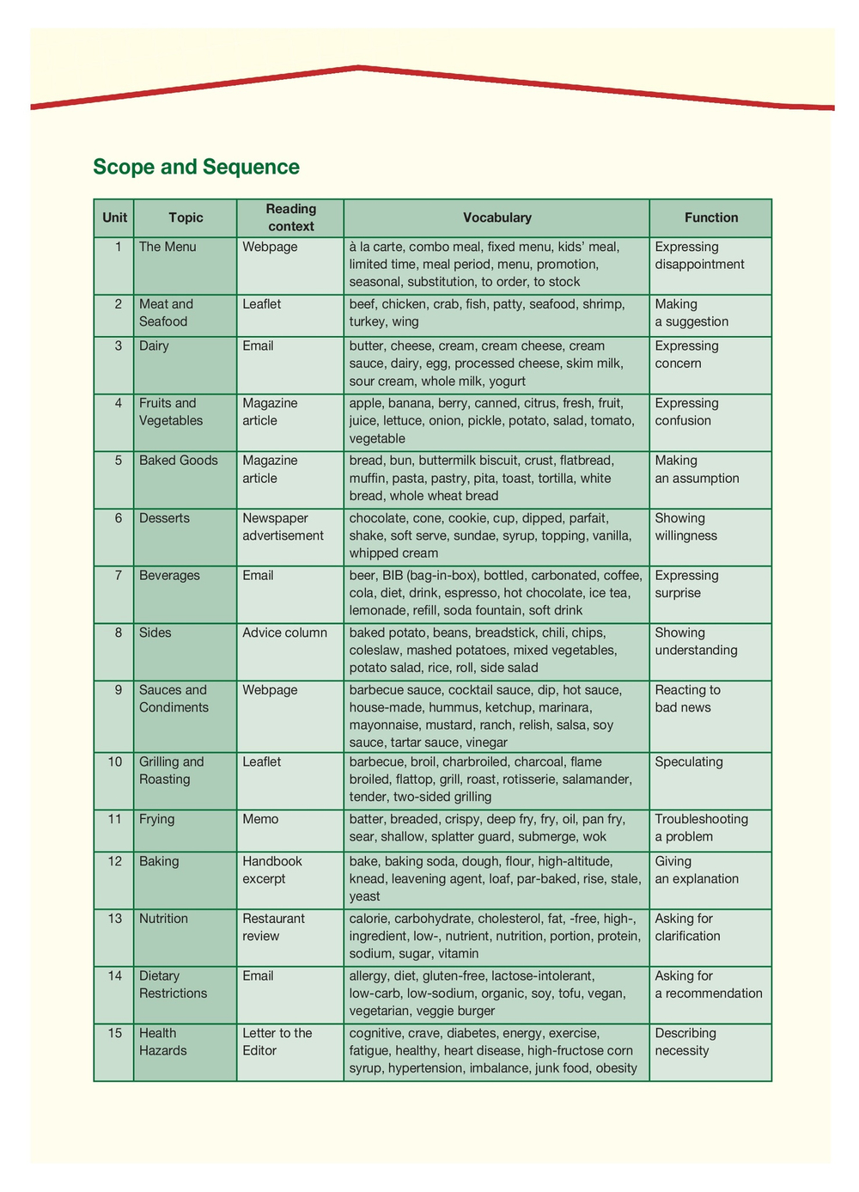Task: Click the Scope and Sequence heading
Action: click(196, 167)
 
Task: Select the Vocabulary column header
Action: click(497, 218)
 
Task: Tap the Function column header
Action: click(710, 218)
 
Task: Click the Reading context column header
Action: click(290, 218)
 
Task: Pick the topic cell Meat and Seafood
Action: click(166, 313)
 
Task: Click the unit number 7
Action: click(119, 576)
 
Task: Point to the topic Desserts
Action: click(164, 518)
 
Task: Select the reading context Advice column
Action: click(284, 633)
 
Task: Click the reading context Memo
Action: click(260, 820)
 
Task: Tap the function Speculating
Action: click(689, 762)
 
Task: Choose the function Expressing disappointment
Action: click(699, 256)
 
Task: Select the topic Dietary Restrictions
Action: click(173, 985)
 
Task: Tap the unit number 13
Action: click(115, 919)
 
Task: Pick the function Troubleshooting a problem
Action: click(701, 828)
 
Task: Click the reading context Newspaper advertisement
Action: click(283, 527)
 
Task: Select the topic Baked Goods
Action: click(179, 461)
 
